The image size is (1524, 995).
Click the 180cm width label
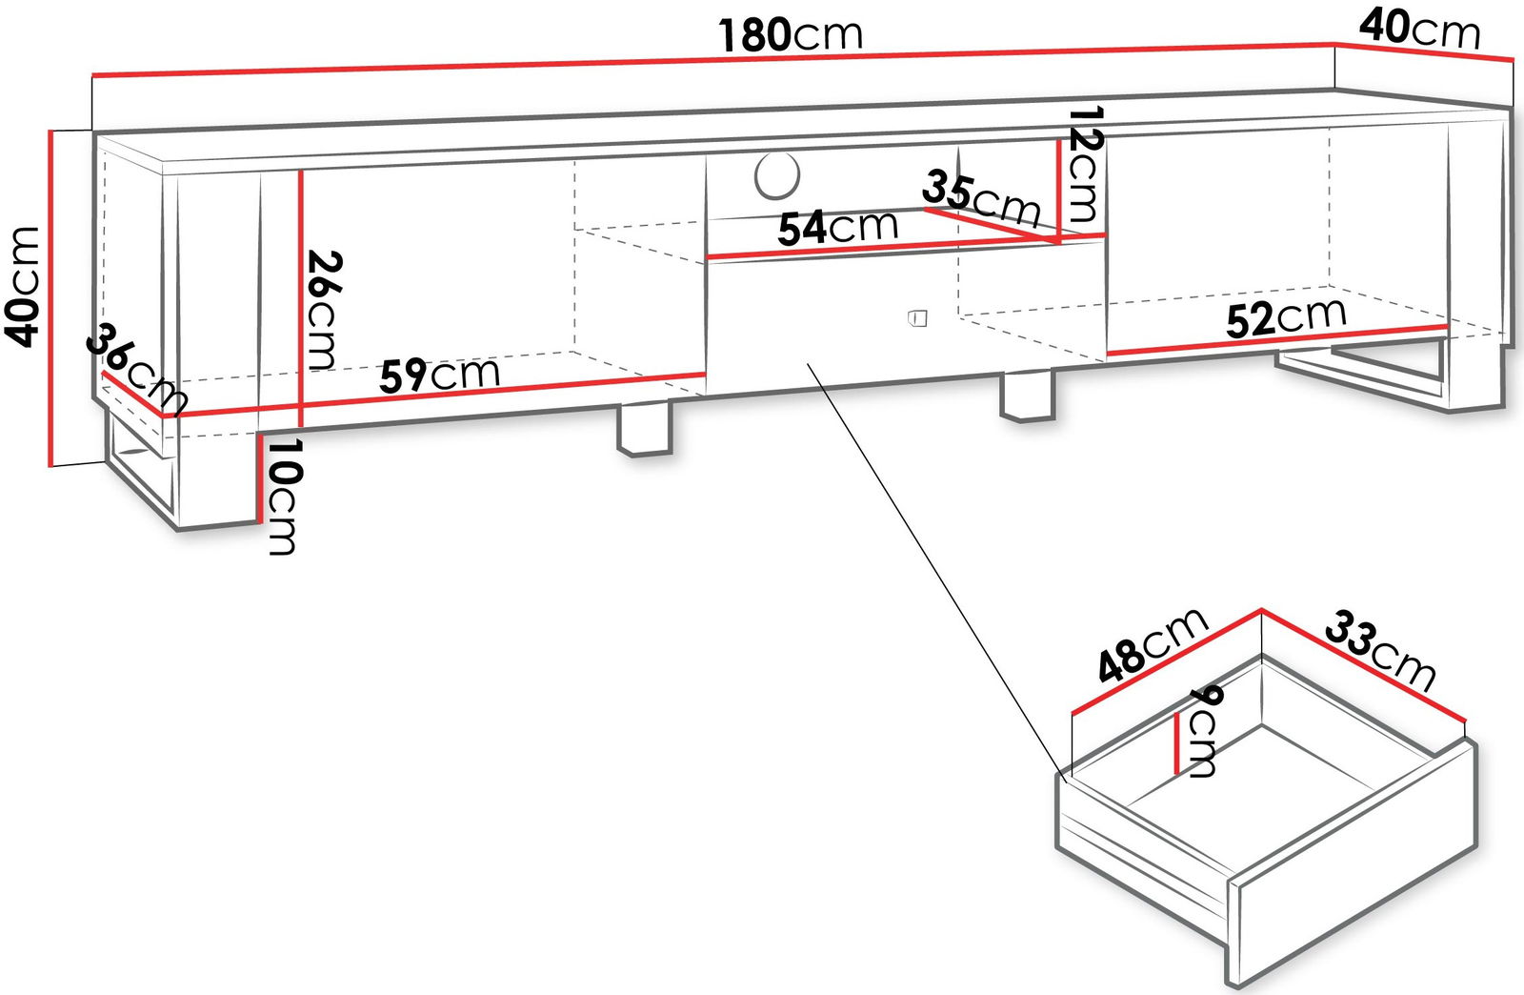[x=791, y=34]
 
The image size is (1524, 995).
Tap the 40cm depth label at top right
[x=1420, y=30]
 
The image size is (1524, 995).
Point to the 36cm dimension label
[x=136, y=369]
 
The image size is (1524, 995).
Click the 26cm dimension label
[x=324, y=310]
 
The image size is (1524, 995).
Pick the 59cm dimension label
[x=439, y=375]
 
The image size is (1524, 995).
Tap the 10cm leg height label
[x=282, y=497]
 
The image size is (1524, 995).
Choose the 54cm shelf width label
[x=837, y=228]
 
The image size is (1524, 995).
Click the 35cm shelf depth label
[x=981, y=198]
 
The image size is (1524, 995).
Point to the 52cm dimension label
[x=1286, y=317]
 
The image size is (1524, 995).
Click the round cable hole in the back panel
[x=777, y=176]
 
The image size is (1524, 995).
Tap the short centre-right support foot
[x=1028, y=396]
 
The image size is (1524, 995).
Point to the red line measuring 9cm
[x=1176, y=742]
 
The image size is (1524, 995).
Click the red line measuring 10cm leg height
[x=260, y=477]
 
